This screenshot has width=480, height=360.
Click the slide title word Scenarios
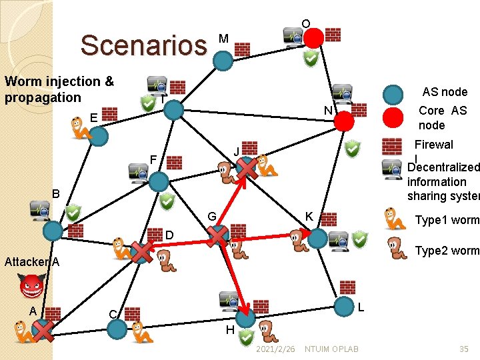pyautogui.click(x=143, y=45)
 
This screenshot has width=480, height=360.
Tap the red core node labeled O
pyautogui.click(x=314, y=37)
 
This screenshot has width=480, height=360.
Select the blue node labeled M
pyautogui.click(x=223, y=61)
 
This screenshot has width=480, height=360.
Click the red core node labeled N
pyautogui.click(x=343, y=121)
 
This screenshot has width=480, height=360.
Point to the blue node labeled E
pyautogui.click(x=99, y=137)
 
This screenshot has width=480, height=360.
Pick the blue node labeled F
pyautogui.click(x=159, y=181)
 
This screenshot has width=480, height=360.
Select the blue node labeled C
pyautogui.click(x=117, y=329)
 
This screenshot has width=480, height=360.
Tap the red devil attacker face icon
pyautogui.click(x=31, y=289)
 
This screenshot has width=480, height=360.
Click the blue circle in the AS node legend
pyautogui.click(x=394, y=95)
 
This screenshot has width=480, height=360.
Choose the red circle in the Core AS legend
pyautogui.click(x=394, y=117)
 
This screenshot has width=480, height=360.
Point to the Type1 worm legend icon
pyautogui.click(x=395, y=219)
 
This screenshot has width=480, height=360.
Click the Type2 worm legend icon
pyautogui.click(x=395, y=248)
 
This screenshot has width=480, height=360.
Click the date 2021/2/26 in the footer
pyautogui.click(x=275, y=349)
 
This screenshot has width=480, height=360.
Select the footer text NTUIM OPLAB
pyautogui.click(x=331, y=349)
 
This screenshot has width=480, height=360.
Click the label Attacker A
pyautogui.click(x=32, y=262)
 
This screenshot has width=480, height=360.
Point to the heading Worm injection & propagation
pyautogui.click(x=59, y=89)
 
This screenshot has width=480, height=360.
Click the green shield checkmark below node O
pyautogui.click(x=311, y=61)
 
